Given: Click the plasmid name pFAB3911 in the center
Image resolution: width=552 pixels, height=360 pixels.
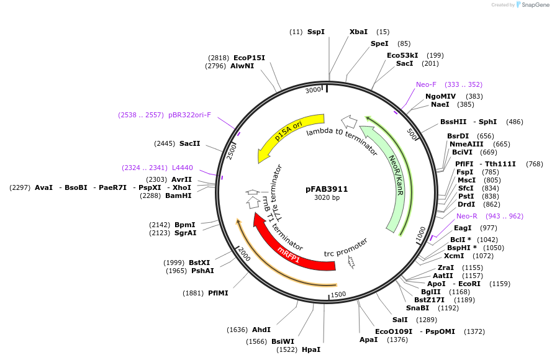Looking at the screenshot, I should click(x=327, y=189).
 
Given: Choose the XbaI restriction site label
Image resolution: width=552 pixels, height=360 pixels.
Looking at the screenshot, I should click(x=358, y=32).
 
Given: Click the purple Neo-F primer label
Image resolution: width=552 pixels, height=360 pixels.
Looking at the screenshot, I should click(x=427, y=84).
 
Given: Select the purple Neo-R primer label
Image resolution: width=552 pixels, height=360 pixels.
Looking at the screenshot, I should click(x=467, y=216).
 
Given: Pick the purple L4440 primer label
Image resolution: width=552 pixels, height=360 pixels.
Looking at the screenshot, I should click(x=183, y=168).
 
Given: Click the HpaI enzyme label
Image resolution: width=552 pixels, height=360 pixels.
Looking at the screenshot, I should click(x=311, y=349).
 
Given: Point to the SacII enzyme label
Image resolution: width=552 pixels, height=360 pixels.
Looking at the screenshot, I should click(x=190, y=143).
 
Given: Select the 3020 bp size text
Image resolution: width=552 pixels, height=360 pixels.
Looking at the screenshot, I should click(x=327, y=198).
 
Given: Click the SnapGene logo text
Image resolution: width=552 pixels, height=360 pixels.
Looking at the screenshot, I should click(x=534, y=5).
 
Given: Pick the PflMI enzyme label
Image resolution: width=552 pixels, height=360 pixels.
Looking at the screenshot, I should click(x=218, y=293).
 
